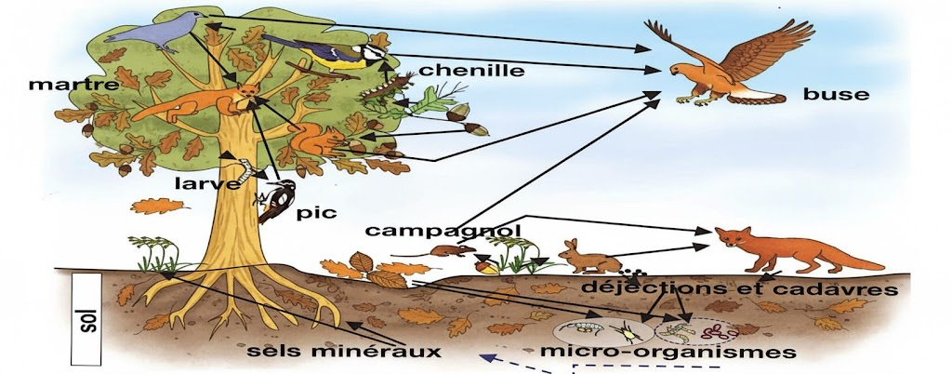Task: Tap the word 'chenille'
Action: tap(471, 70)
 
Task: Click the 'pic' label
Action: tap(310, 213)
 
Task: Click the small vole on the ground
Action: tap(449, 251)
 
